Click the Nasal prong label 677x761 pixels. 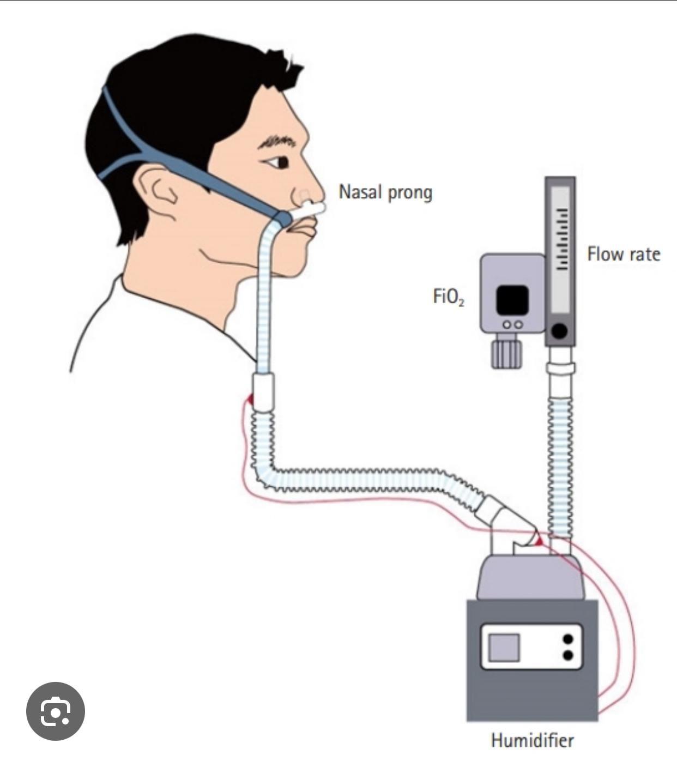coord(385,192)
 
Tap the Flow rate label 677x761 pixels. coord(624,254)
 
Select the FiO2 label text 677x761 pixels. coord(448,297)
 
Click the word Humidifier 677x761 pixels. coord(532,740)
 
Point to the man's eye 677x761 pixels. coord(279,162)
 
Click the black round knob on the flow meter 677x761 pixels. coord(559,330)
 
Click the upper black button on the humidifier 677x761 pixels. coord(568,639)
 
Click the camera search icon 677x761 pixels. coord(56,711)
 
